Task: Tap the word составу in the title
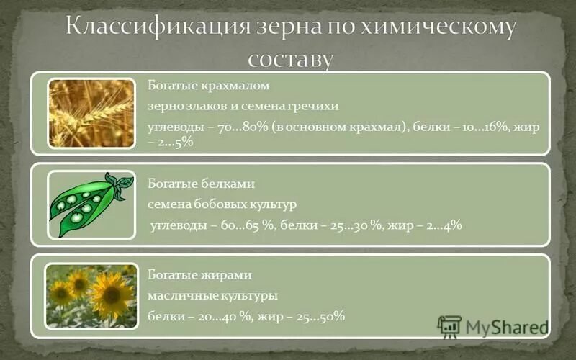(292, 58)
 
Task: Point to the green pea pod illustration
(90, 205)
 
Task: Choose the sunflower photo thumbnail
(91, 295)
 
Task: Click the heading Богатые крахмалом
(208, 86)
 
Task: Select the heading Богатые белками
(201, 184)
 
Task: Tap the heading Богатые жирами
(199, 275)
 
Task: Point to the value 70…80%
(241, 126)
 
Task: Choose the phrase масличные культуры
(212, 296)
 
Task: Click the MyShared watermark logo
(493, 328)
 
